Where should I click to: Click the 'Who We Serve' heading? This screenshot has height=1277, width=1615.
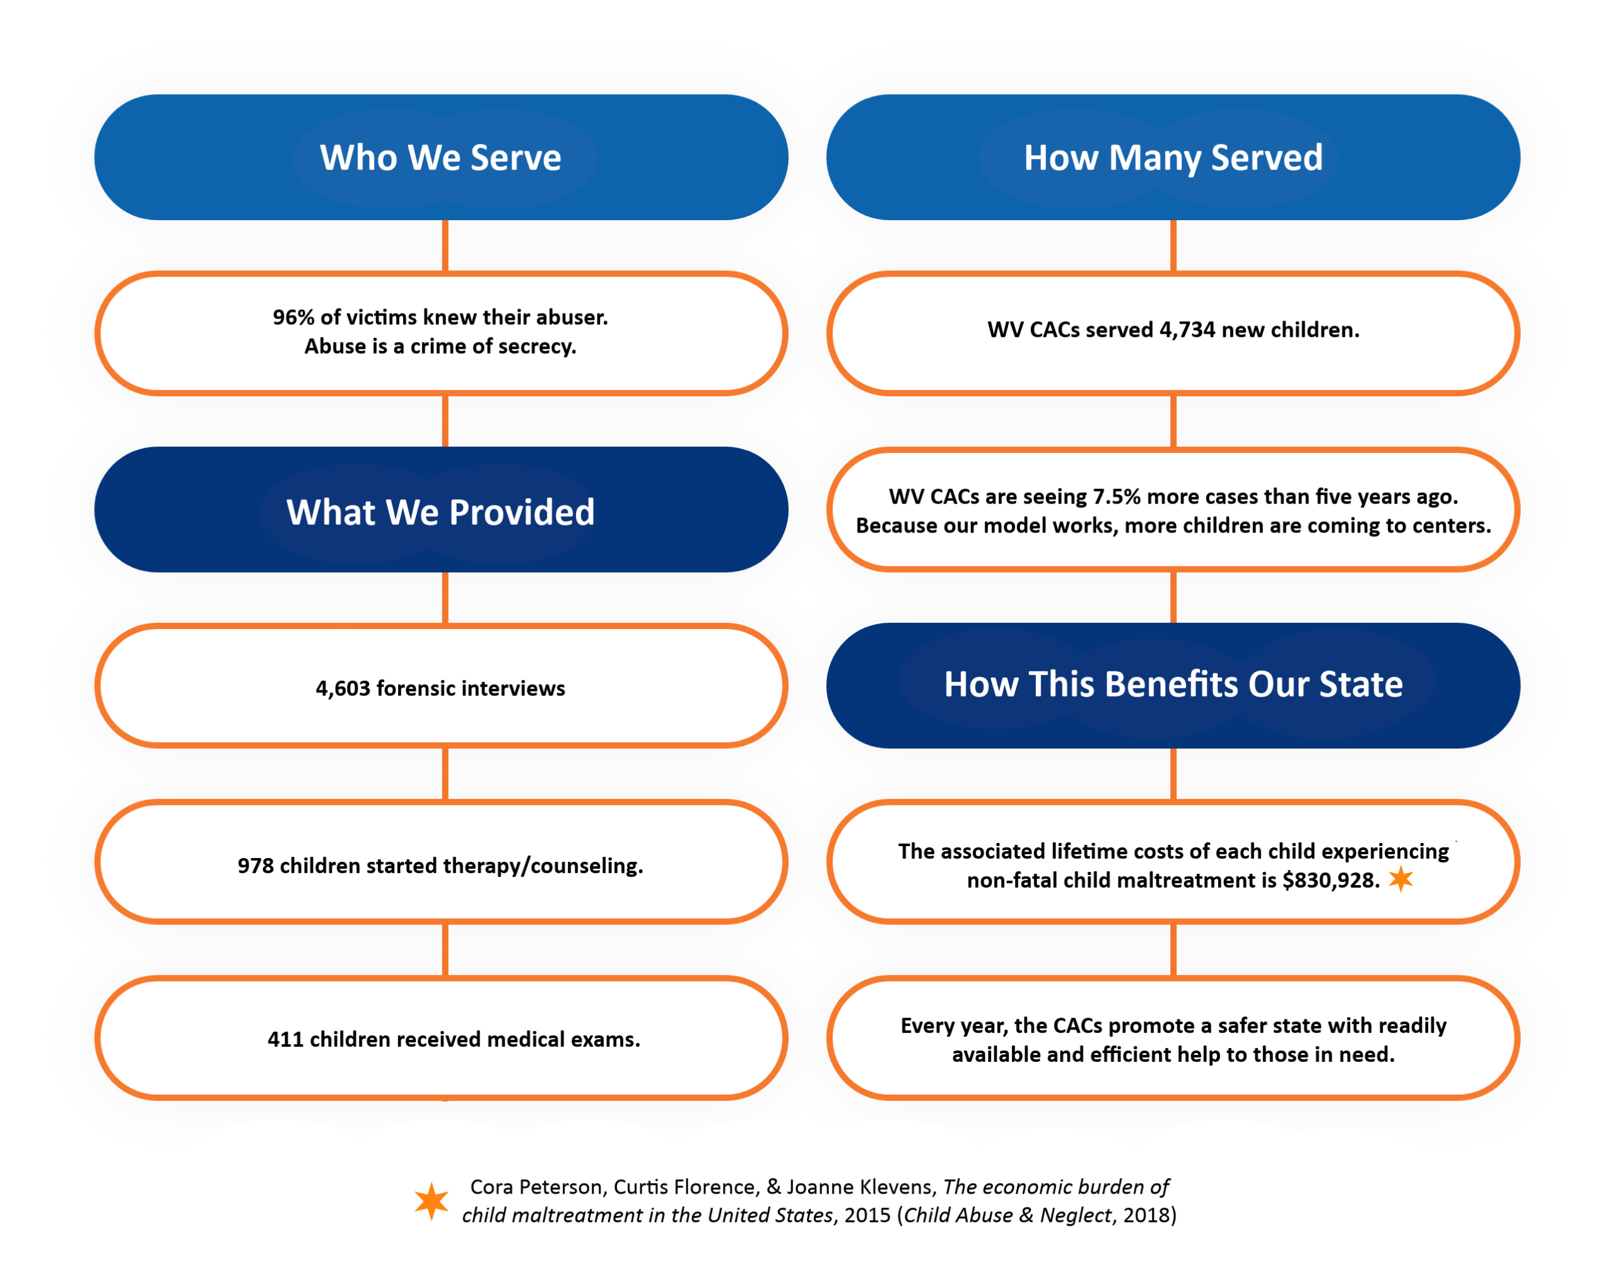[440, 158]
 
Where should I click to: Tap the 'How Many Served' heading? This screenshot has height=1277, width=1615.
[1172, 158]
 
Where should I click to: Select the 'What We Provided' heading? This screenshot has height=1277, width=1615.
[440, 512]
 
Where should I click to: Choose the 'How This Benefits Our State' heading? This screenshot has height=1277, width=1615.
[1172, 684]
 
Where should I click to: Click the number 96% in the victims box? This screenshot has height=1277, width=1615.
[293, 318]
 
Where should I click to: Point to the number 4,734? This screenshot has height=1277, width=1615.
[1187, 330]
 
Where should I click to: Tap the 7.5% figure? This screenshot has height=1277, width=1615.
[1116, 497]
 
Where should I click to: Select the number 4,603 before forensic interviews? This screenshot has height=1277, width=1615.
[343, 688]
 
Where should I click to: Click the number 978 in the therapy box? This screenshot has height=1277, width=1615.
[255, 866]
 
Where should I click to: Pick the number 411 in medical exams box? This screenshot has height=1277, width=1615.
[286, 1040]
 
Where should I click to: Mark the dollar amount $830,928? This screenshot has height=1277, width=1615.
[1330, 881]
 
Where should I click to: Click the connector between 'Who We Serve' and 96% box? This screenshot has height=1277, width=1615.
[445, 245]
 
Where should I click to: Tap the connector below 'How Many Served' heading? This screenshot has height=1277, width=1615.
[1172, 245]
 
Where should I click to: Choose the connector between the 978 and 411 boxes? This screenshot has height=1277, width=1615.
[445, 950]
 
